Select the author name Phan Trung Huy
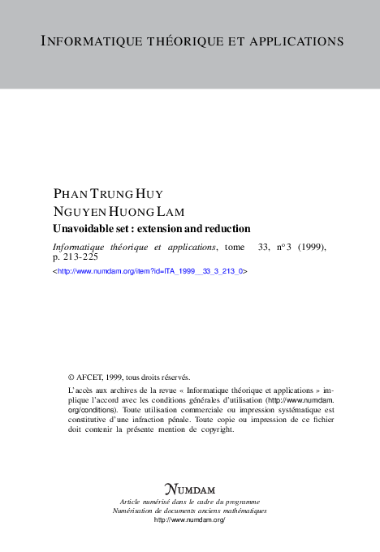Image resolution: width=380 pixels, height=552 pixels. (x=106, y=195)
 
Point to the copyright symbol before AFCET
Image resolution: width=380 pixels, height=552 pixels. (x=71, y=377)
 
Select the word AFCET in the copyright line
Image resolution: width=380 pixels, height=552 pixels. (x=91, y=377)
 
